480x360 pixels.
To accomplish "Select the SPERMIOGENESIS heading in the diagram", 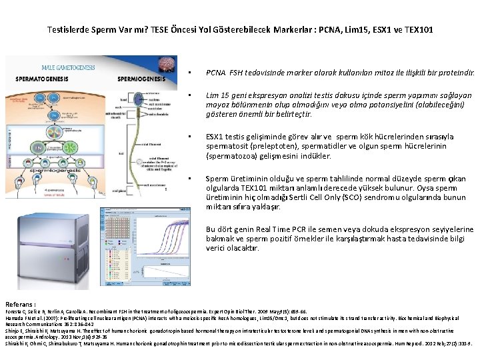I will [142, 79].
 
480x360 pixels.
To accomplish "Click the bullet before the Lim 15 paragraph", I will [191, 96].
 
